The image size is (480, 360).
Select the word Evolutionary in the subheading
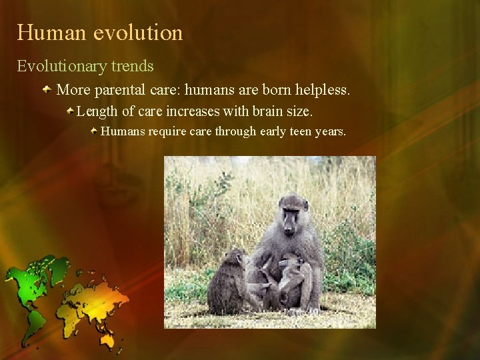coord(59,67)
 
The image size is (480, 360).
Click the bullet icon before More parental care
coord(48,89)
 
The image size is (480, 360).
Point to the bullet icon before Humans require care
coord(95,131)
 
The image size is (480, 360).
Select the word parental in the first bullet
coord(123,89)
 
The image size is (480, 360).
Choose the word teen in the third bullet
coord(303,131)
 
